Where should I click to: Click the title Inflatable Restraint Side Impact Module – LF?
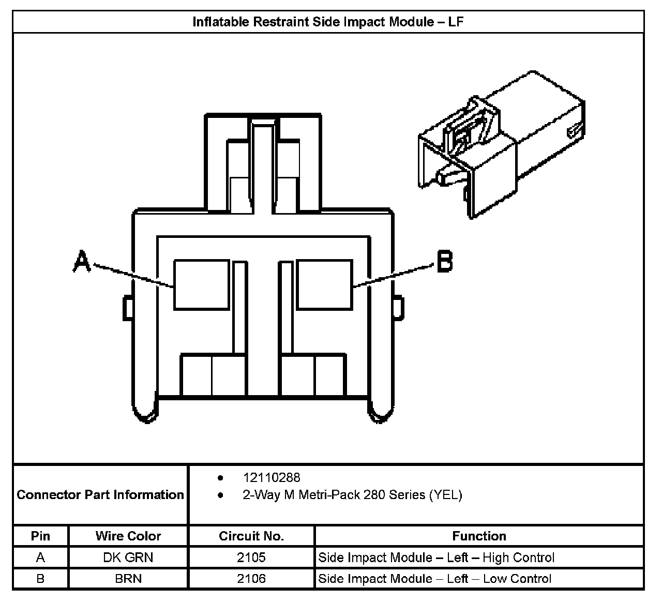[328, 22]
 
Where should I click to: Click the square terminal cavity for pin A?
[201, 284]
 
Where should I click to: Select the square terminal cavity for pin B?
[324, 284]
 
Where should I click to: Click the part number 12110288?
[272, 477]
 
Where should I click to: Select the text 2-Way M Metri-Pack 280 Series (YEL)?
[352, 495]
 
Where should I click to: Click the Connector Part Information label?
[100, 495]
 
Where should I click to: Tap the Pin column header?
[40, 536]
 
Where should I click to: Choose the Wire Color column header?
[128, 536]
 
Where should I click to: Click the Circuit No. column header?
[251, 536]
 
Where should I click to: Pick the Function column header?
[479, 536]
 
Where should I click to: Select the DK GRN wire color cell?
[128, 557]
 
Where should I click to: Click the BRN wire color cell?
[128, 578]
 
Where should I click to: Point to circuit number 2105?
[251, 557]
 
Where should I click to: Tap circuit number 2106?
[251, 578]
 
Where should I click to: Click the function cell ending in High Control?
[436, 557]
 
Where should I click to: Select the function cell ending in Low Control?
[434, 578]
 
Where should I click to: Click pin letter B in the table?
[40, 578]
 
